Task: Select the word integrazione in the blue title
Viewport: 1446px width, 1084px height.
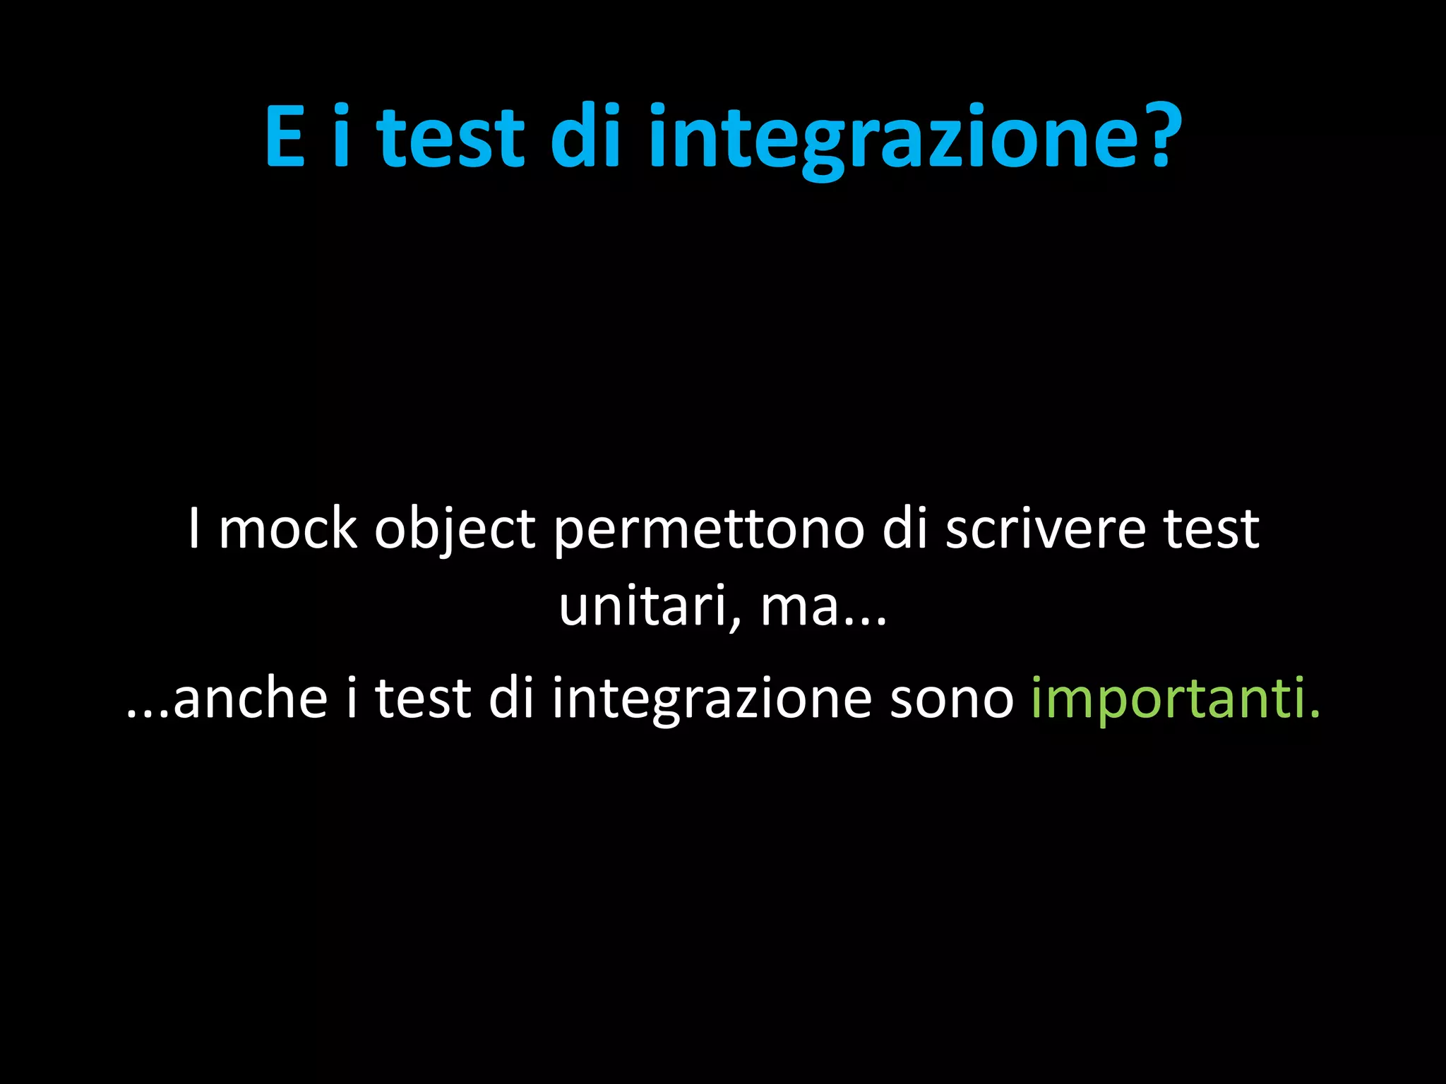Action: [893, 138]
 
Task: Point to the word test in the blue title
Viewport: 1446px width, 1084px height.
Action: [450, 137]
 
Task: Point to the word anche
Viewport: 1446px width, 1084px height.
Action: [251, 699]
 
